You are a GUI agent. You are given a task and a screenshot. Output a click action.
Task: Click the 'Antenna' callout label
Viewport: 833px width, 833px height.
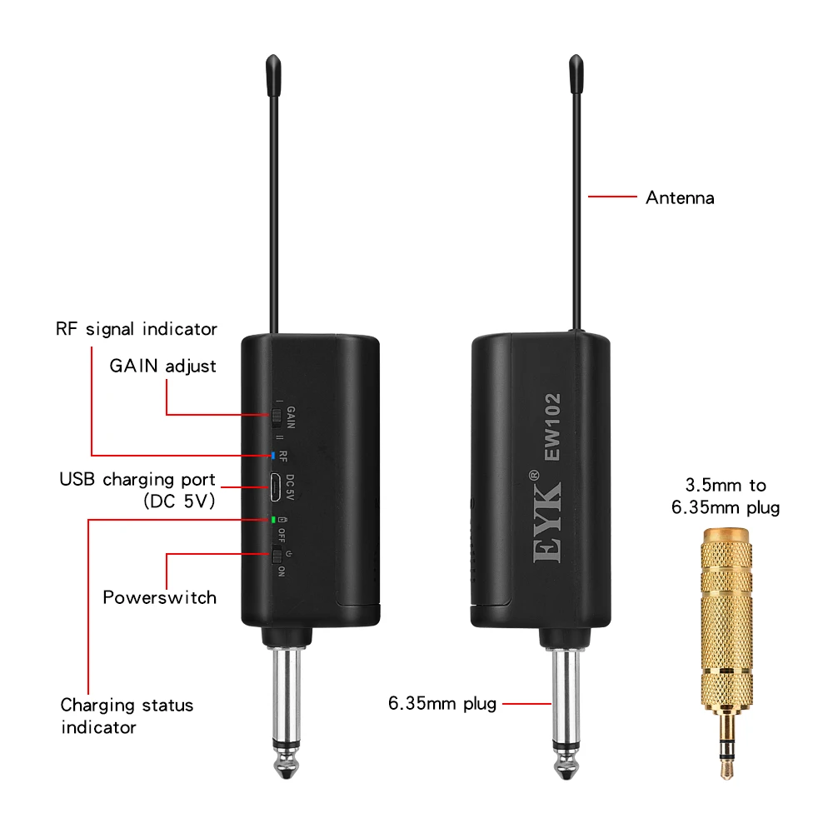coord(680,198)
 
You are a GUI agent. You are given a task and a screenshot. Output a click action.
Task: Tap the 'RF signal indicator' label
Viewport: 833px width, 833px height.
coord(136,329)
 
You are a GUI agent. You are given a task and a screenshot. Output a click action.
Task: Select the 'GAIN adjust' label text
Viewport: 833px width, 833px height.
coord(162,367)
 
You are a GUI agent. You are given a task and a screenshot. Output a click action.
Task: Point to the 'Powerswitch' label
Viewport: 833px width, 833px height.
coord(159,597)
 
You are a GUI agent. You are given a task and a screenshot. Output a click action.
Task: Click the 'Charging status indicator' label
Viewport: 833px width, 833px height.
coord(126,716)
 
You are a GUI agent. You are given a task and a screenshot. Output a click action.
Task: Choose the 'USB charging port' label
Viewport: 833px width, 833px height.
coord(137,490)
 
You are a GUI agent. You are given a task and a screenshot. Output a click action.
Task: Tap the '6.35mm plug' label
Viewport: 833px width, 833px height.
coord(442,704)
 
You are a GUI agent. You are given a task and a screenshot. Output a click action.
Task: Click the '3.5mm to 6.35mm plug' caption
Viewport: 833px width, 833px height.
coord(726,496)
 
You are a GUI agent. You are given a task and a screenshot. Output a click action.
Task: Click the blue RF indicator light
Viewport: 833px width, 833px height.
coord(272,456)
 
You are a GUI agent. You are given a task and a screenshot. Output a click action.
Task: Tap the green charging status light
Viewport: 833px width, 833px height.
coord(272,520)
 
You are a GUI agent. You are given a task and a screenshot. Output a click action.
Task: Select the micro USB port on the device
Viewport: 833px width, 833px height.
coord(274,486)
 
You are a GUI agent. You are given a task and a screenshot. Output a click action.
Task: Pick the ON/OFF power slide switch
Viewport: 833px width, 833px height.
coord(276,556)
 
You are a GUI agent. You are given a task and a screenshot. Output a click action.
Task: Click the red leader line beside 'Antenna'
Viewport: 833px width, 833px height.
coord(612,197)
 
